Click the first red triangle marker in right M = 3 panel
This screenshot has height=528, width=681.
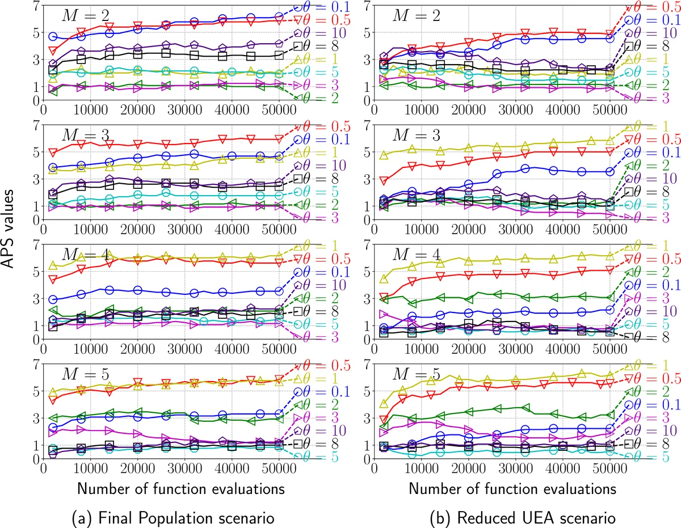click(383, 181)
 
